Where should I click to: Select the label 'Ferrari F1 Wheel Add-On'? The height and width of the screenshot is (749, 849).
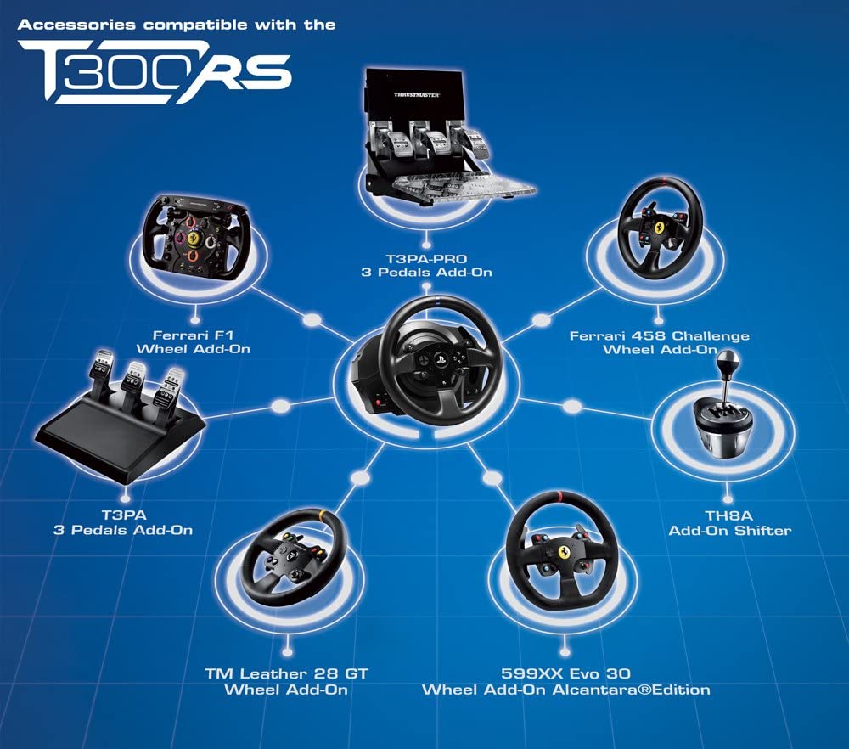[201, 341]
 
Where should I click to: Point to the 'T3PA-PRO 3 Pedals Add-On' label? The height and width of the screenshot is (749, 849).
[425, 265]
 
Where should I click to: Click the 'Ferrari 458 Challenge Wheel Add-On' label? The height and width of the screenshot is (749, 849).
[659, 342]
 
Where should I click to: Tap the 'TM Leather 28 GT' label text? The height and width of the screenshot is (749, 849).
[286, 673]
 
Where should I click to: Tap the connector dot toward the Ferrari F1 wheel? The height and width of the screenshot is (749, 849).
[312, 321]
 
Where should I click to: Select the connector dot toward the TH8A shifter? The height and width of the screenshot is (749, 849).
[573, 408]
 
